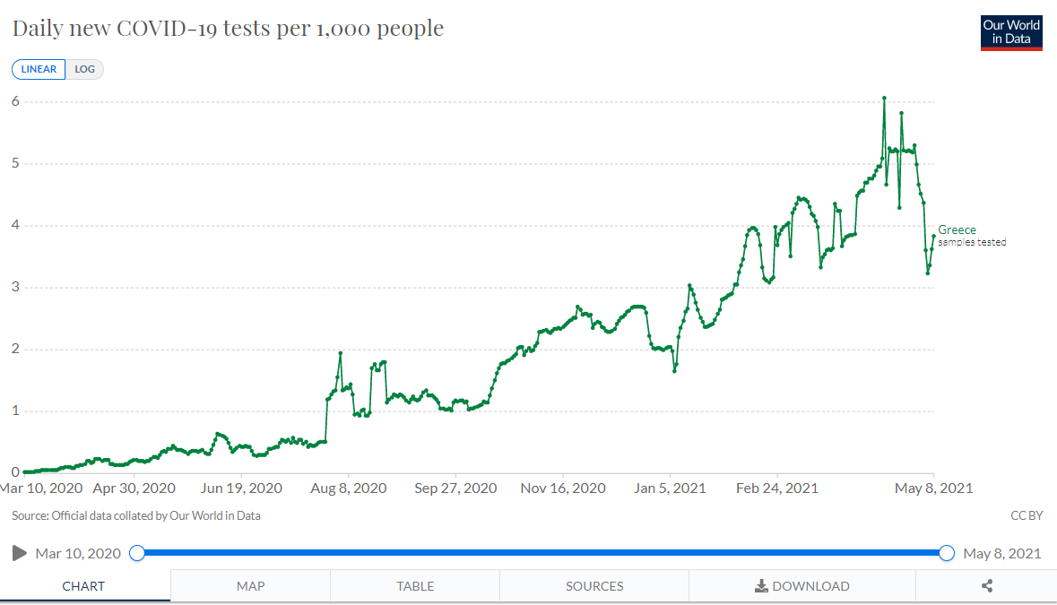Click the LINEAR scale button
[39, 70]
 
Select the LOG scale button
[85, 70]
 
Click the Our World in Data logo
[1011, 32]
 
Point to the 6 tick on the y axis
[14, 101]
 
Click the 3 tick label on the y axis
[14, 288]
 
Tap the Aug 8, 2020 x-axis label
[349, 488]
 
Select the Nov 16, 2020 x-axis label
[563, 488]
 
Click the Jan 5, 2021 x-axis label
[670, 488]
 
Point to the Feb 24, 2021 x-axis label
[776, 488]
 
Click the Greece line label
[957, 230]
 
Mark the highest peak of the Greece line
[884, 98]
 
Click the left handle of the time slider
[137, 553]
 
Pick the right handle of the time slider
[947, 553]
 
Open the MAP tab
[250, 586]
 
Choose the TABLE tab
[415, 586]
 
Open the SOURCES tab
[594, 586]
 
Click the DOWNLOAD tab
[802, 586]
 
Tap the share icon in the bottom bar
[987, 586]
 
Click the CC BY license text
[1026, 515]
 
